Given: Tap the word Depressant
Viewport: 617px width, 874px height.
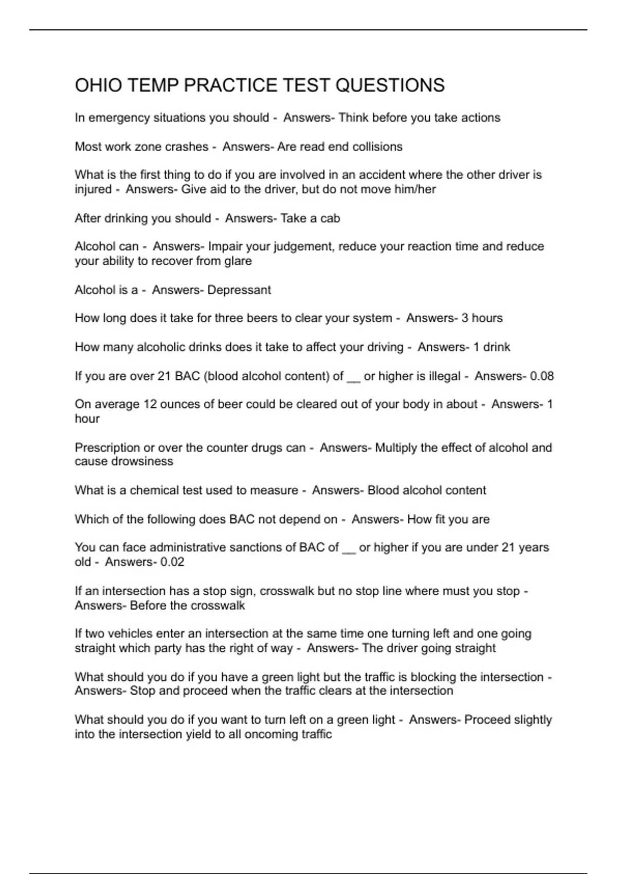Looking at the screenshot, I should pyautogui.click(x=239, y=290).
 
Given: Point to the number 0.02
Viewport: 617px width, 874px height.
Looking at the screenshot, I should pyautogui.click(x=172, y=562).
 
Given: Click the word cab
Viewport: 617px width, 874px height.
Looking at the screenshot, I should pyautogui.click(x=330, y=219).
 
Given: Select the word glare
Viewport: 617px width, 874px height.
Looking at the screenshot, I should pyautogui.click(x=238, y=261).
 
